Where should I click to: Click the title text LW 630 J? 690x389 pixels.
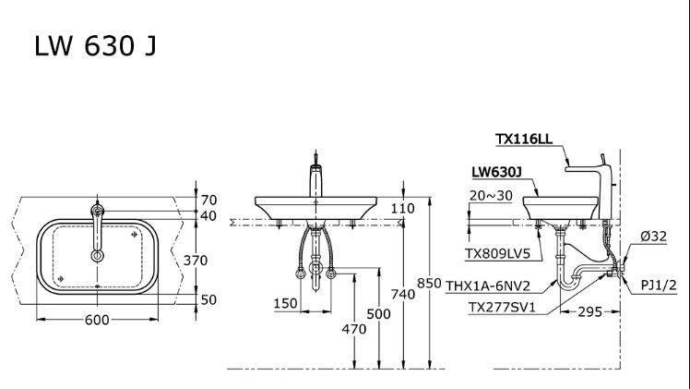(x=95, y=46)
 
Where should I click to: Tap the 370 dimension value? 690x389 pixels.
(x=221, y=261)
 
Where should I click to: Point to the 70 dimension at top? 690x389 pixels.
(x=208, y=200)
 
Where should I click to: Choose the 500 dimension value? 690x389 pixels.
(x=379, y=314)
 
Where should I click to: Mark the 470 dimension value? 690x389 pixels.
(x=354, y=328)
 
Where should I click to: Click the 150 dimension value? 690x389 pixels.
(x=285, y=303)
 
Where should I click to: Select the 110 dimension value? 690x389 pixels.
(x=402, y=208)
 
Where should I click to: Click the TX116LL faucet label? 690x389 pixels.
(x=523, y=140)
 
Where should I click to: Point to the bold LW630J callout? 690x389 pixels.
(x=496, y=172)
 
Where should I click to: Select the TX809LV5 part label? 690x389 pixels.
(x=498, y=251)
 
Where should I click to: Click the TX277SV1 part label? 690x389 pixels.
(x=499, y=307)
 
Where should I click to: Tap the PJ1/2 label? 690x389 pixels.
(x=660, y=286)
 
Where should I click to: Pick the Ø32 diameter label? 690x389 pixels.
(x=654, y=237)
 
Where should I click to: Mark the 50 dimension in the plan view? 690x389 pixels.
(x=208, y=299)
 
